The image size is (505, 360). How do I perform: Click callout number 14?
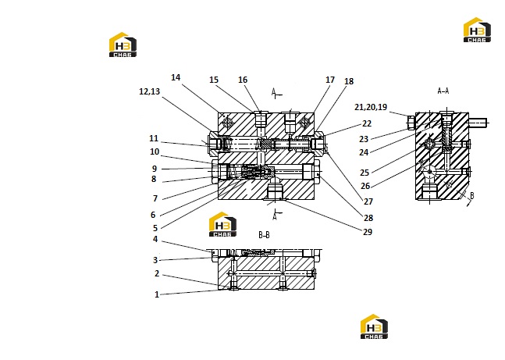(x=176, y=77)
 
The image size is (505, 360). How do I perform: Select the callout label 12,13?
(x=149, y=91)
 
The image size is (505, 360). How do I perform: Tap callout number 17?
(x=330, y=80)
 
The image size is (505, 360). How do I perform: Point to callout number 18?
(x=349, y=81)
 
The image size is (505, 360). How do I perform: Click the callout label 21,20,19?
(x=371, y=107)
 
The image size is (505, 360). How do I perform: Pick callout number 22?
(x=367, y=123)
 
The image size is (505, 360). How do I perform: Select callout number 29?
(x=368, y=232)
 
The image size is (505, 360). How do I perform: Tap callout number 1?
(x=157, y=294)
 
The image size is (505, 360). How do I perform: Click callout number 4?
(x=155, y=239)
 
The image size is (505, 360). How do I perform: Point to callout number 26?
(x=365, y=186)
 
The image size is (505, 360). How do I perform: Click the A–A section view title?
(x=443, y=91)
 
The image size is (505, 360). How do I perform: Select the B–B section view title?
(x=264, y=235)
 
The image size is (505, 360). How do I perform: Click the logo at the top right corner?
(x=477, y=30)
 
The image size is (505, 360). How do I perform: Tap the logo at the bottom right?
(x=374, y=326)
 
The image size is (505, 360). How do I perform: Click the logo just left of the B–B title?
(x=222, y=224)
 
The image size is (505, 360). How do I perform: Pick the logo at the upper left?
(x=123, y=45)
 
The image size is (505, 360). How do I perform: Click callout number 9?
(x=155, y=169)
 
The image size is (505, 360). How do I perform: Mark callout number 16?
(x=243, y=80)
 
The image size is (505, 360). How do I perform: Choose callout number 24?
(x=364, y=152)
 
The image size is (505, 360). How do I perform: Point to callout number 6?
(x=153, y=215)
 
